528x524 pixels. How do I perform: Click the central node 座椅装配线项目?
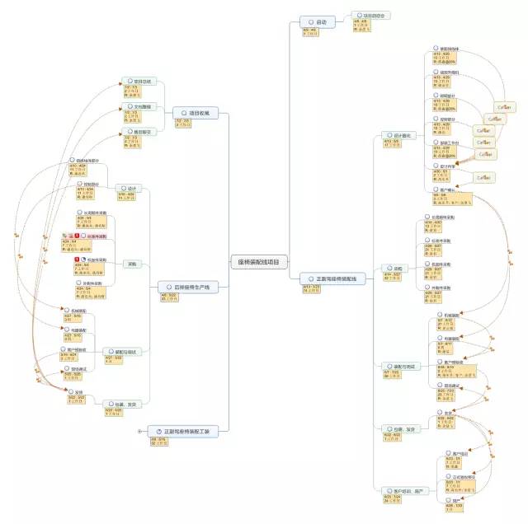point(257,262)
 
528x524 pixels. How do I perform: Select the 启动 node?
point(318,21)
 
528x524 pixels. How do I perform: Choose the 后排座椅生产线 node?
point(187,288)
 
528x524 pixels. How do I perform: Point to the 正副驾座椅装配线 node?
point(332,279)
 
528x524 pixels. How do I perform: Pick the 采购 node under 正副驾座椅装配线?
point(395,269)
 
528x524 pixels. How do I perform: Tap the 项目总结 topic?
point(140,82)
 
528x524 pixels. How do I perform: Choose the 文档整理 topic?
point(140,107)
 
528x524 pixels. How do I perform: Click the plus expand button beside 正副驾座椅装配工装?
point(139,431)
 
